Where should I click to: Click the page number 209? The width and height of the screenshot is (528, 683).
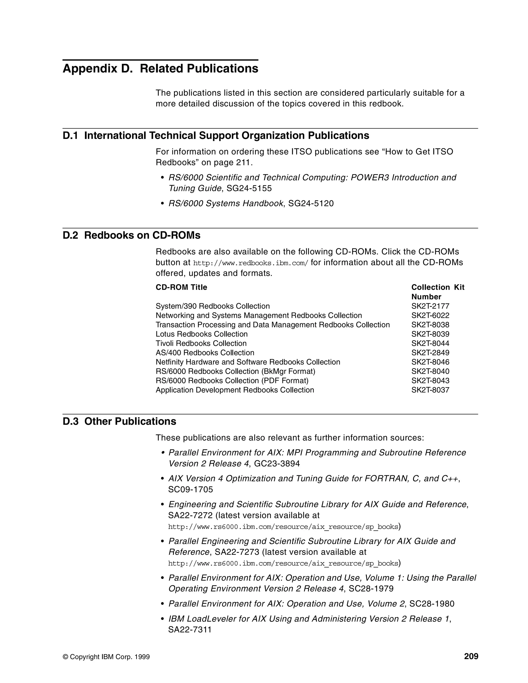point(471,656)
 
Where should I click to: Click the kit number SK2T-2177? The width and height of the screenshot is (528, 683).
point(430,306)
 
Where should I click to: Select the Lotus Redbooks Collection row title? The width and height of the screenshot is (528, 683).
point(201,334)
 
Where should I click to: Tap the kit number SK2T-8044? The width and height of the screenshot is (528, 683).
point(430,343)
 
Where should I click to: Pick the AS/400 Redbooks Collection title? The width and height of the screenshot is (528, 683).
point(205,353)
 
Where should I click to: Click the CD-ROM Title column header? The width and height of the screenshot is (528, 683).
point(181,287)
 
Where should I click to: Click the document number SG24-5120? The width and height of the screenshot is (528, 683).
point(311,204)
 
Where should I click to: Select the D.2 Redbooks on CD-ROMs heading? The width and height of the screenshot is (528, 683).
point(131,235)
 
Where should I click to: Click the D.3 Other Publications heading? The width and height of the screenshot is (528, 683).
point(119,421)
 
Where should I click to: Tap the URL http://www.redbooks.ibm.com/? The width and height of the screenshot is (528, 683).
point(251,263)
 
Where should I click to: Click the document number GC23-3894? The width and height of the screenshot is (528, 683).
point(277,463)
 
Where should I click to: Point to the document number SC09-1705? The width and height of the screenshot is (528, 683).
point(191,489)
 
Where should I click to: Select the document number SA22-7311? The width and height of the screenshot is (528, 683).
point(190,630)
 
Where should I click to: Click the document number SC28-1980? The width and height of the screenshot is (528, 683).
point(432,604)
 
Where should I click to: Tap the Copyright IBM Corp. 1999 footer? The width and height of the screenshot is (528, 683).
point(106,657)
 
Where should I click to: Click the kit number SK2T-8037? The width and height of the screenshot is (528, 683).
point(430,390)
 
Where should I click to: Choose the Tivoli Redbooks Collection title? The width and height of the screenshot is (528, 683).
point(201,343)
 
